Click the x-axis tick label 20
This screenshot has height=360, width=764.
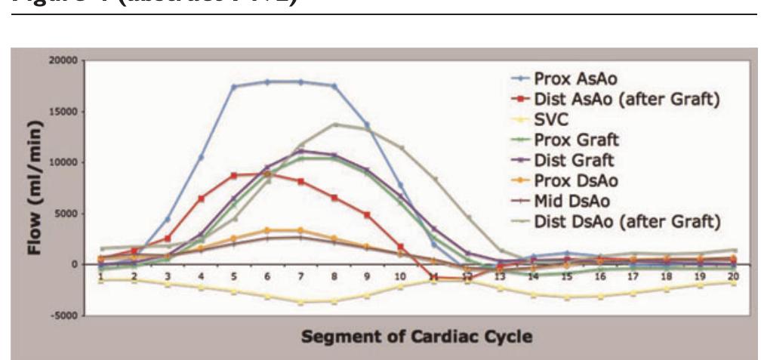click(x=732, y=277)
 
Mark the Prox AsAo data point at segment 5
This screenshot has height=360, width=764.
click(x=234, y=87)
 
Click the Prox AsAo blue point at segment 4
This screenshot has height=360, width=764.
click(x=201, y=157)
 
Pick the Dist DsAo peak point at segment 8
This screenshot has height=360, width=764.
click(x=334, y=125)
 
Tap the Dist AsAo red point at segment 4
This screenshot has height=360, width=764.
click(x=201, y=198)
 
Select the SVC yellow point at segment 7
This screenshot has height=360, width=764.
click(x=300, y=302)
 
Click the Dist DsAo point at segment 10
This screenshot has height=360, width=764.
click(x=401, y=148)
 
